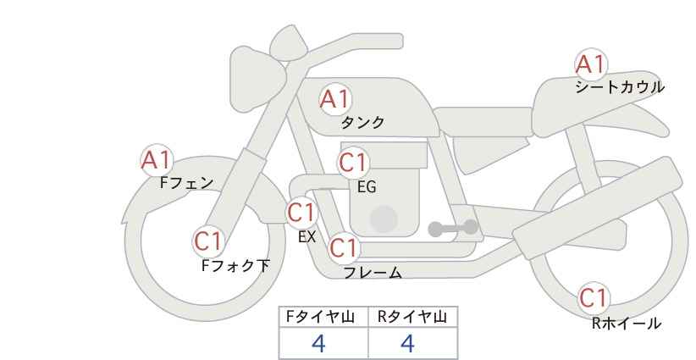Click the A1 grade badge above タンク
(335, 99)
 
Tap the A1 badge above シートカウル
(591, 64)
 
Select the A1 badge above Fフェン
(157, 160)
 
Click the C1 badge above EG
(353, 163)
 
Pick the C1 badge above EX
(301, 213)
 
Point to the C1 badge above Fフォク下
(207, 241)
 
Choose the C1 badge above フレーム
(344, 247)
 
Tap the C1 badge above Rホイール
(594, 298)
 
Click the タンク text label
(362, 123)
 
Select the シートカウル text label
(620, 87)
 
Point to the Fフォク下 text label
(235, 265)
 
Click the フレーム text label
(373, 273)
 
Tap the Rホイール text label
(627, 323)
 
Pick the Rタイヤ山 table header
(412, 317)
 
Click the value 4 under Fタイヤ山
(318, 343)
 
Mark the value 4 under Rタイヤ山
(407, 343)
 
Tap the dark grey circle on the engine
(384, 219)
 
